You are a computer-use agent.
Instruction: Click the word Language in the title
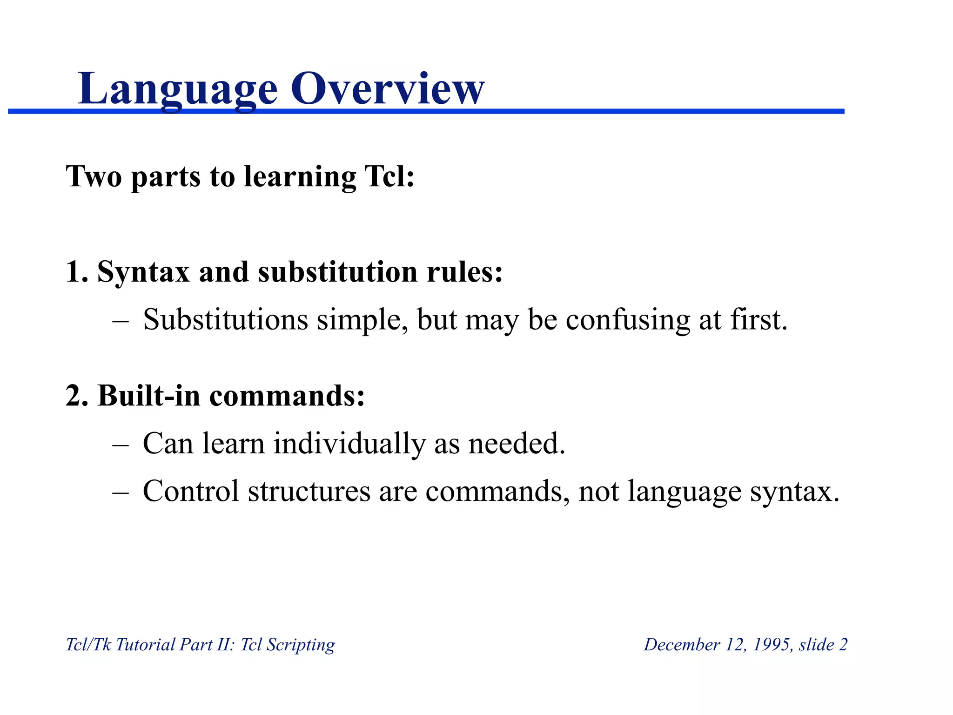[178, 89]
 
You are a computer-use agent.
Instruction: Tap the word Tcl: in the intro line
[389, 176]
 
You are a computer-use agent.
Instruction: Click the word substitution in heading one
[338, 271]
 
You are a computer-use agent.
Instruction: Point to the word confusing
[628, 321]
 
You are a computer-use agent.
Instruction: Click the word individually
[349, 443]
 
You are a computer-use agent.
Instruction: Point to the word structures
[309, 491]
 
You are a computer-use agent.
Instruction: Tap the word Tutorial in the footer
[145, 644]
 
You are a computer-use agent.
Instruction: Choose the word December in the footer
[682, 644]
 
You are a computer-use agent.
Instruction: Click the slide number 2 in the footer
[843, 644]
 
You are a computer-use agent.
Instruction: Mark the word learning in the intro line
[300, 177]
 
